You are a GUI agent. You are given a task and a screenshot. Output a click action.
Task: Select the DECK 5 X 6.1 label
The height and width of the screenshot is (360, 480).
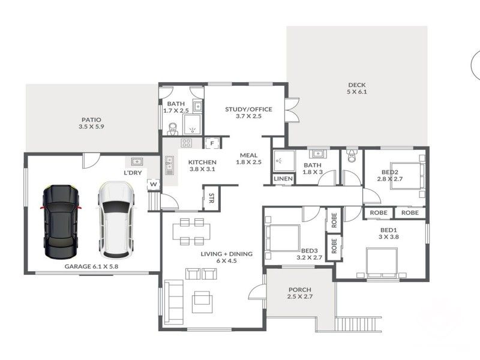coord(356,88)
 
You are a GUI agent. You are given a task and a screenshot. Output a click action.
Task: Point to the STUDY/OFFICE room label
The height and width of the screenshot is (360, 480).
coord(248,112)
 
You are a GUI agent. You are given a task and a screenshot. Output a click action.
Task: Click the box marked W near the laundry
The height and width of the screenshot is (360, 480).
coord(154,184)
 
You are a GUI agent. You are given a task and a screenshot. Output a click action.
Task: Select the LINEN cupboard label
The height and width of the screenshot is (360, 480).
coord(283,179)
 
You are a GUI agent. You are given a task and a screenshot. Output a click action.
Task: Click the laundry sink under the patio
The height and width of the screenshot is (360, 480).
coord(137,161)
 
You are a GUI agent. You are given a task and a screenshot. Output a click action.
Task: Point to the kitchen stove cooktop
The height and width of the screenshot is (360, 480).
coord(186,143)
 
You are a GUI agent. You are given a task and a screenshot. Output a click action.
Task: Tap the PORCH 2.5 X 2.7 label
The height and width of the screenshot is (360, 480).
coord(300,293)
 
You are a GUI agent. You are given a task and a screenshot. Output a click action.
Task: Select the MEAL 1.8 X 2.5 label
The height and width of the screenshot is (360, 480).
coord(249,158)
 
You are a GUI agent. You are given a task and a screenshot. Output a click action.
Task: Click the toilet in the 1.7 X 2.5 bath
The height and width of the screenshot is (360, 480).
coord(173,128)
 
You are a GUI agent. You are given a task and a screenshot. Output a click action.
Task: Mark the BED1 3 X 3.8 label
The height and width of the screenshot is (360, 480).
coord(388,233)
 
